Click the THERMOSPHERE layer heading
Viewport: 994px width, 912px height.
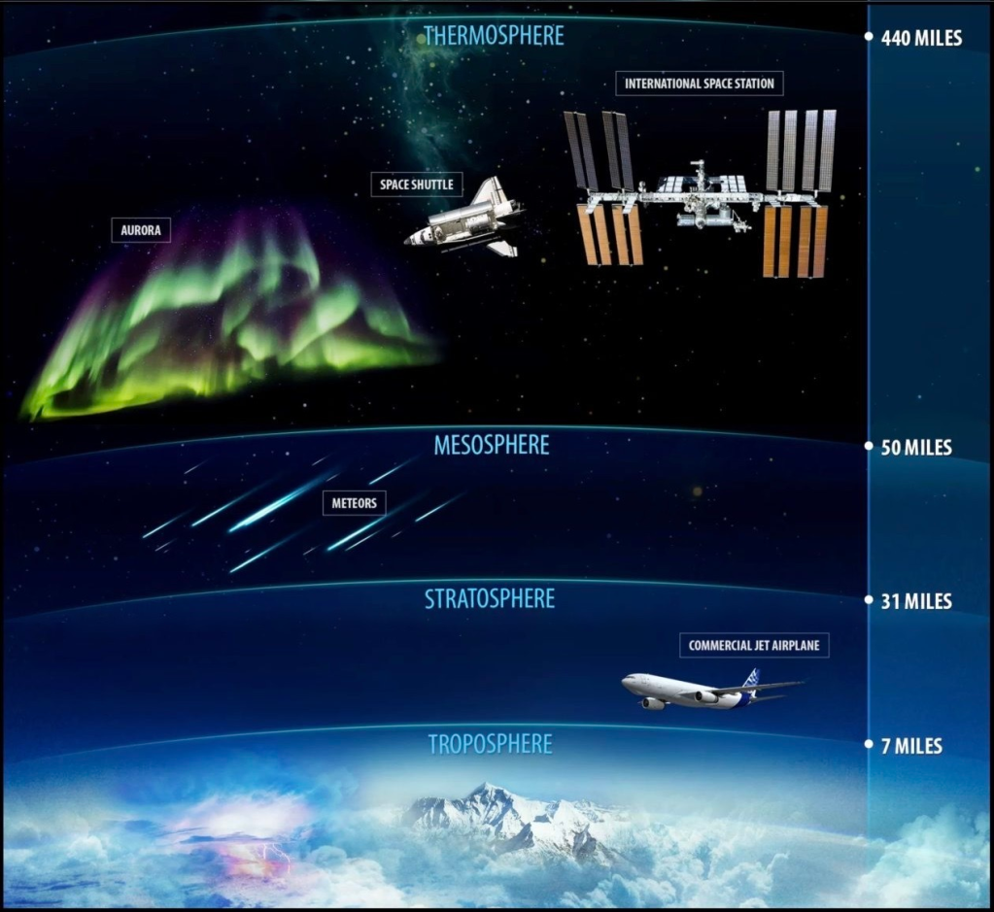(493, 36)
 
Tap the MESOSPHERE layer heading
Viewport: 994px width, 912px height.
(492, 445)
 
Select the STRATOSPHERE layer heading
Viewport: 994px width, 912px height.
(490, 598)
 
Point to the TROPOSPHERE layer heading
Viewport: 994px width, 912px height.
(490, 744)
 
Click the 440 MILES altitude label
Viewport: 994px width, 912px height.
(921, 39)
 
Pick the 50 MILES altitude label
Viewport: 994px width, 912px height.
(915, 448)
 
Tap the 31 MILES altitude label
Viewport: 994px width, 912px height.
(915, 601)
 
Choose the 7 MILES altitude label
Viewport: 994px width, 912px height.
(910, 746)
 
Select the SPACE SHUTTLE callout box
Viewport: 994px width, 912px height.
(417, 184)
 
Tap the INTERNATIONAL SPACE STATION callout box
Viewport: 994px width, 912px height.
(700, 84)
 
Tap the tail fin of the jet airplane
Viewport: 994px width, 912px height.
(751, 677)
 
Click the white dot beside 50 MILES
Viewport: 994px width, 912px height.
(869, 447)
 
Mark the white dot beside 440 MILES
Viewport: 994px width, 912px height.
(869, 38)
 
